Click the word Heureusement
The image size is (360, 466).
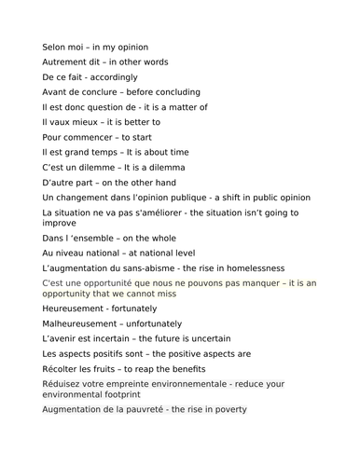tap(74, 308)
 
